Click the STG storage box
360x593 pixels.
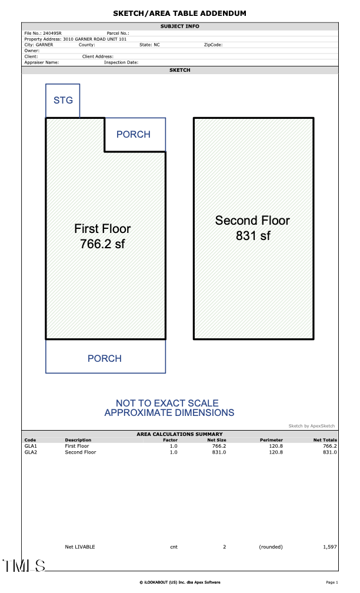63,101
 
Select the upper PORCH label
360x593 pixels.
134,135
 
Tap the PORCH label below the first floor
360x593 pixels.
105,358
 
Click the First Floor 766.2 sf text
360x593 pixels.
102,236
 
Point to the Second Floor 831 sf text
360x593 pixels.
252,228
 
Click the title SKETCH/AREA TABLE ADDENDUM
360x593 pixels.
180,13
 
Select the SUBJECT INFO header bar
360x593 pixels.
180,26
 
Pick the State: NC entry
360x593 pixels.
149,45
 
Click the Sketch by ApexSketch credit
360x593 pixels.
311,425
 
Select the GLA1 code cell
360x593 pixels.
31,446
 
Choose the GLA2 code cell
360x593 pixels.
31,452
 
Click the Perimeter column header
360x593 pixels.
271,440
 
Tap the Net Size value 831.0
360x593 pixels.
219,452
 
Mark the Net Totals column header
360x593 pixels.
325,440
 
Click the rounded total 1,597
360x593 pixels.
330,547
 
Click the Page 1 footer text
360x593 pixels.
332,582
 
